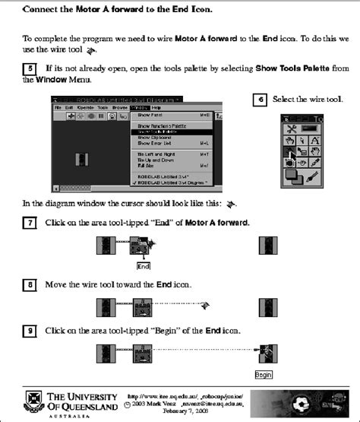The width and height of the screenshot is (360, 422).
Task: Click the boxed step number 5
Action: (x=29, y=68)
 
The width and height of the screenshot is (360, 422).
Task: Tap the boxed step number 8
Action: (x=29, y=284)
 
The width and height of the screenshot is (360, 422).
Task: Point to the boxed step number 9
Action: (x=29, y=331)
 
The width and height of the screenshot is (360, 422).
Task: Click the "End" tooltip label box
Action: (x=143, y=266)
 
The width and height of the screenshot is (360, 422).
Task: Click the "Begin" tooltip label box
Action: (x=264, y=375)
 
